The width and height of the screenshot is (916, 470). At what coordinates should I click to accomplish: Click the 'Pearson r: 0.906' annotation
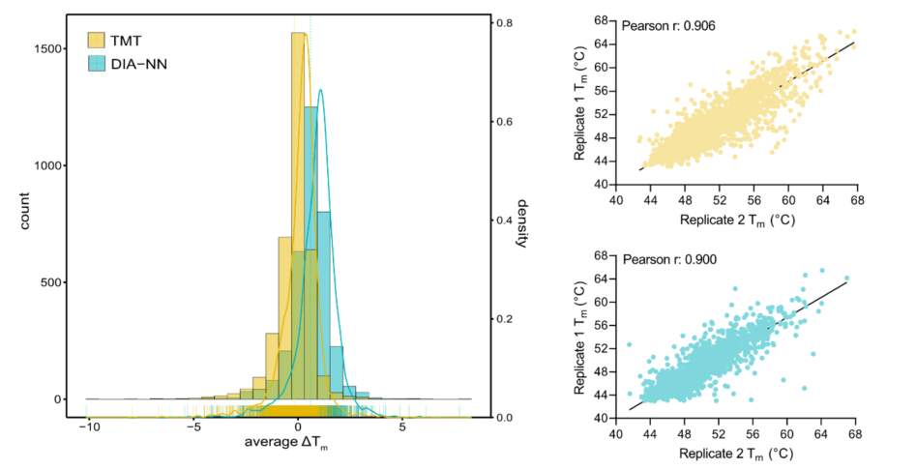pyautogui.click(x=665, y=26)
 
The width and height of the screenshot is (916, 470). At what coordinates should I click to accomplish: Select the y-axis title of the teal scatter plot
pyautogui.click(x=578, y=340)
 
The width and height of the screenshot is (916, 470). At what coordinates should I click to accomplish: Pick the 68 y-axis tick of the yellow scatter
pyautogui.click(x=600, y=20)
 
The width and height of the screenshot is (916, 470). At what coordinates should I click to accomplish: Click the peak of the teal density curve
pyautogui.click(x=320, y=90)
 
